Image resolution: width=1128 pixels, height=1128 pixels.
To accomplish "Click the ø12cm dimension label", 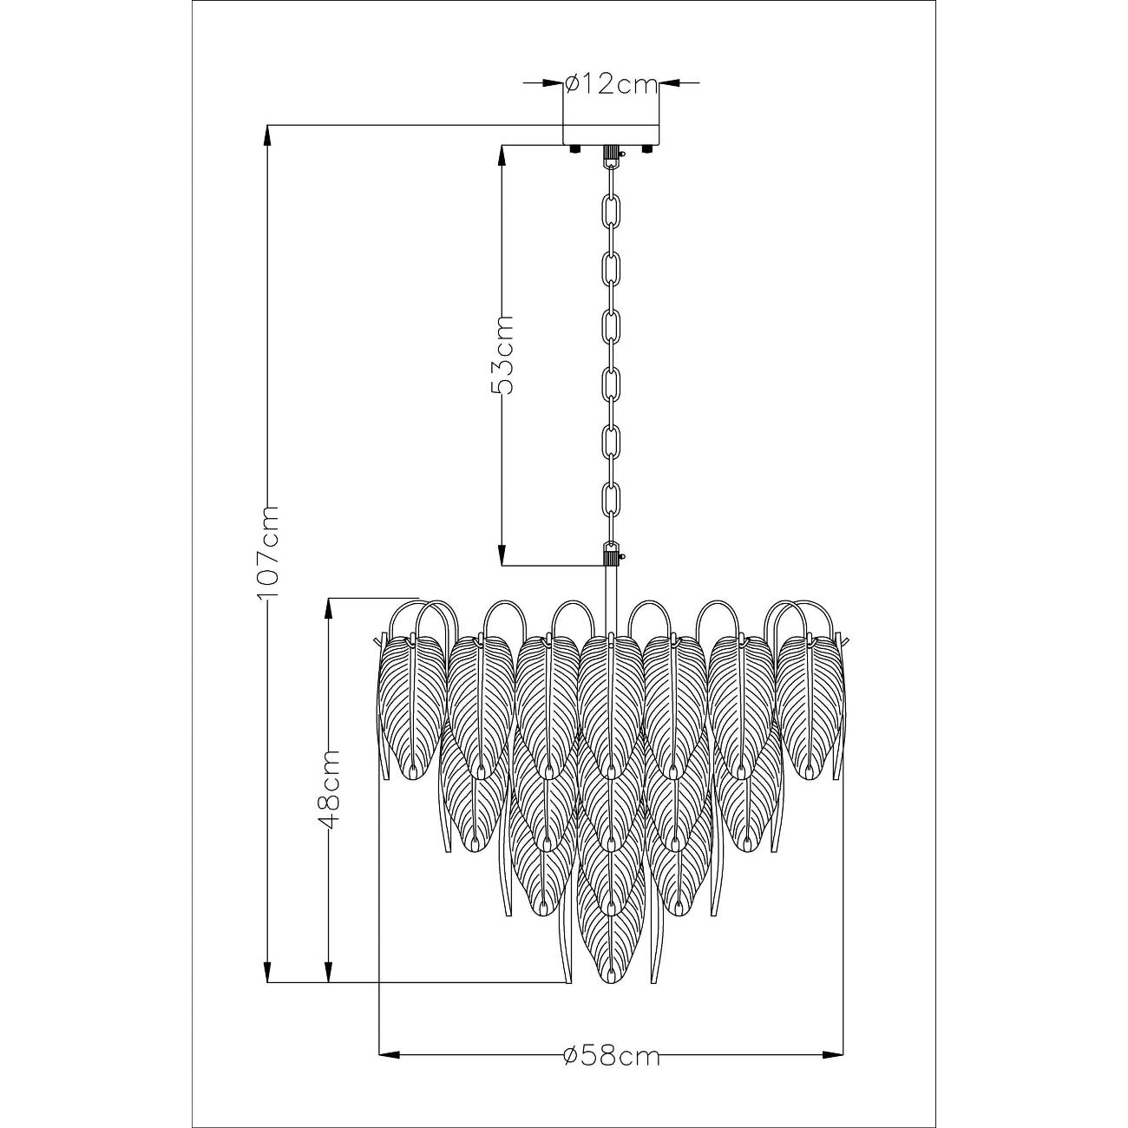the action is [x=611, y=84].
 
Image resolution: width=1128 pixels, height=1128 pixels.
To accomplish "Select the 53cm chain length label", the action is [x=502, y=355].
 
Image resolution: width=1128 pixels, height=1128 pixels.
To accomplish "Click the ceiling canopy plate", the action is [x=611, y=134].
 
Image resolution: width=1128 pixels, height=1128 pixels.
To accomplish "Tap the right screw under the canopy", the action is [x=646, y=148].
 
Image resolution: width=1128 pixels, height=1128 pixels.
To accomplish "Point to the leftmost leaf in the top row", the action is [x=413, y=708].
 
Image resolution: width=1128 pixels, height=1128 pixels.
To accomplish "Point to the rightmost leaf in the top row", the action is [x=810, y=708].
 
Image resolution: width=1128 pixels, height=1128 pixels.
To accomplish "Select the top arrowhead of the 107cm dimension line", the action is [x=268, y=135].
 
